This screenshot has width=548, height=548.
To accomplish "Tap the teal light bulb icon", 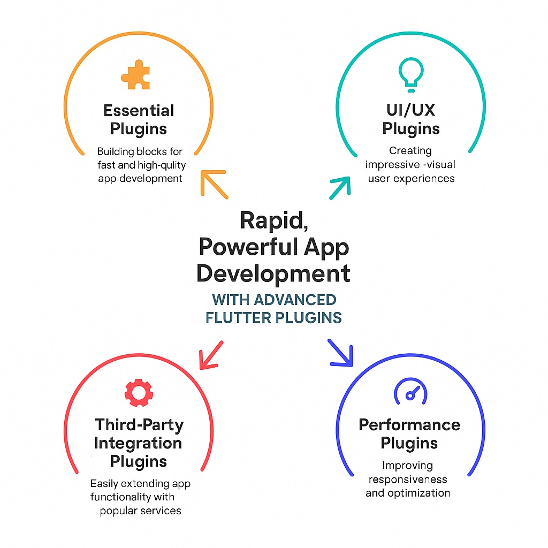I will [411, 73].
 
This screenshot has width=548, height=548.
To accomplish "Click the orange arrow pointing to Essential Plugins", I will [214, 184].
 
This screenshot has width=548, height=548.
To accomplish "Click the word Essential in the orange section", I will [139, 111].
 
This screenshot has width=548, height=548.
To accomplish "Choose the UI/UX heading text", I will [411, 111].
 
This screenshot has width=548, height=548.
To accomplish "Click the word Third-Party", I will [139, 425].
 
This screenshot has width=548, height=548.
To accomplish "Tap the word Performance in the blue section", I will [409, 425].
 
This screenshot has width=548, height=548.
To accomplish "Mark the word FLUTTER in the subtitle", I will [238, 317].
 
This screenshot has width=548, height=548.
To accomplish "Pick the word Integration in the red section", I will [138, 443].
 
